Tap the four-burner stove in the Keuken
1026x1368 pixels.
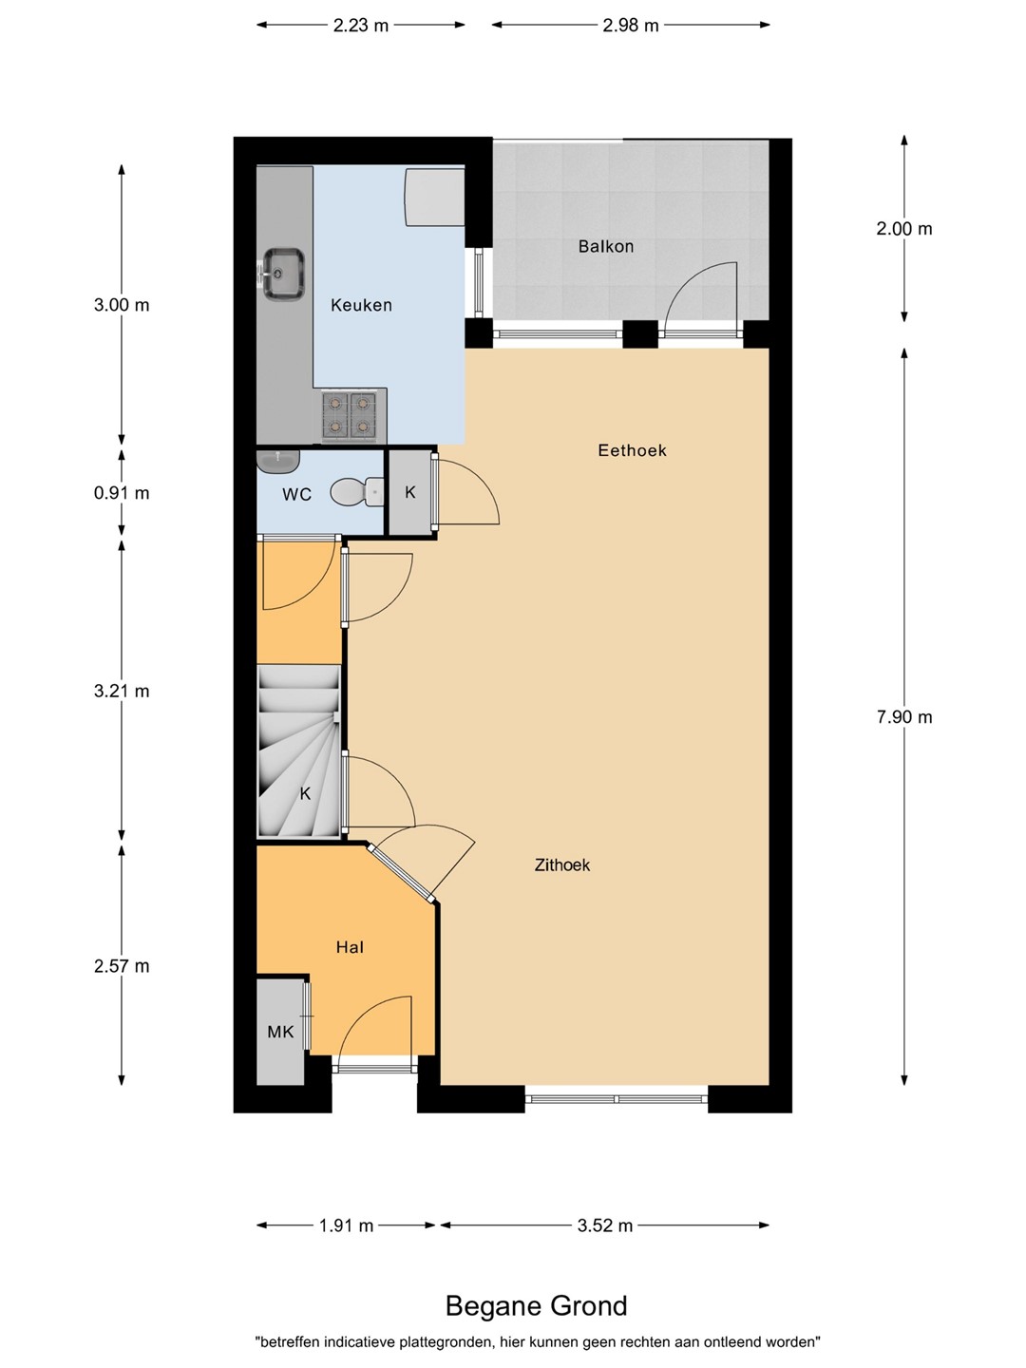[x=349, y=414]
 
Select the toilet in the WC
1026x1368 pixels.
[x=357, y=492]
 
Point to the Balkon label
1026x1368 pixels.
[x=605, y=246]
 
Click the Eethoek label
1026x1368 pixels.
[x=632, y=450]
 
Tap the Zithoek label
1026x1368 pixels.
[x=561, y=864]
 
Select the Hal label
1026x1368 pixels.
[x=350, y=947]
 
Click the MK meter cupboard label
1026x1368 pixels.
[x=280, y=1032]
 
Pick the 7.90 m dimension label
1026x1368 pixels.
[x=903, y=717]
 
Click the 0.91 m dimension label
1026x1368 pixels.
[x=122, y=493]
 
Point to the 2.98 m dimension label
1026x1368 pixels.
[x=631, y=26]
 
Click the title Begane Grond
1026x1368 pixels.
[x=537, y=1305]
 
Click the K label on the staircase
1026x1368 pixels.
[x=305, y=793]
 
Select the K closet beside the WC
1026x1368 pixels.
[x=409, y=492]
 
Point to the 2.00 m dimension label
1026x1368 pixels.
[x=903, y=229]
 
